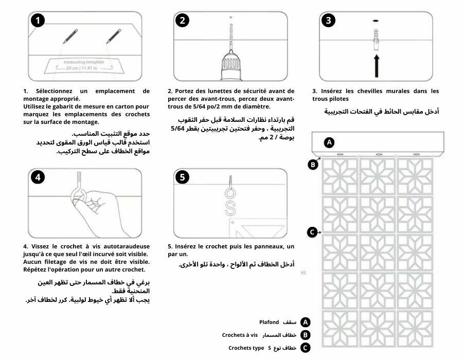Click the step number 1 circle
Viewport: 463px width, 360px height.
tap(38, 21)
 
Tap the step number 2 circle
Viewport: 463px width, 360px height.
tap(183, 21)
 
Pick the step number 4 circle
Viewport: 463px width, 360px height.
tap(38, 177)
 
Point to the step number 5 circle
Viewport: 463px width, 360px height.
tap(183, 177)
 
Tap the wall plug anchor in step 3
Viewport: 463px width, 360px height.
tap(376, 38)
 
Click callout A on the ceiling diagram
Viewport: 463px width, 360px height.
tap(330, 141)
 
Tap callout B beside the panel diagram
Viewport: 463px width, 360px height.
tap(312, 165)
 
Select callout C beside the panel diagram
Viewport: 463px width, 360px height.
tap(312, 232)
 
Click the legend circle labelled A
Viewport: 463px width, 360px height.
tap(306, 322)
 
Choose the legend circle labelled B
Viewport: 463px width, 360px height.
tap(306, 335)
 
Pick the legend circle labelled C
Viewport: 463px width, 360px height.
tap(306, 348)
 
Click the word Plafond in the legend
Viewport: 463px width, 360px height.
tap(269, 322)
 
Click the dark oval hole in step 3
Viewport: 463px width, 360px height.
tap(376, 20)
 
